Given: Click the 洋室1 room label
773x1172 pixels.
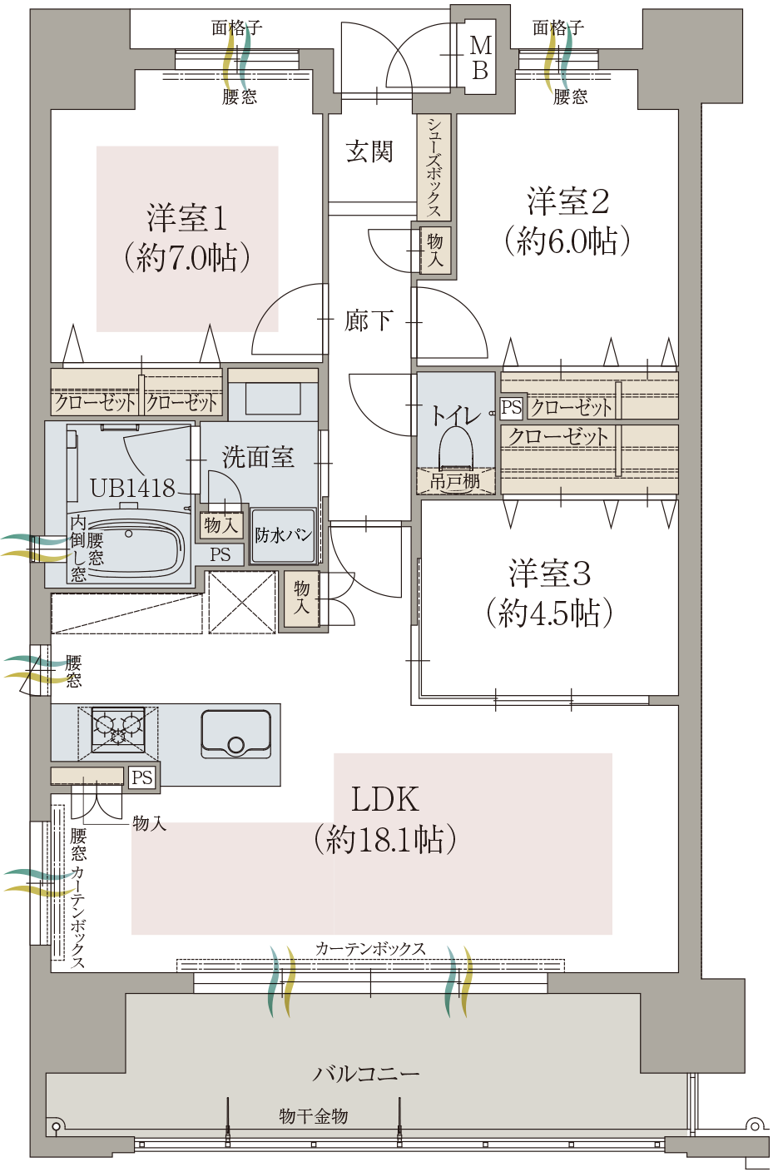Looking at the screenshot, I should coord(187,218).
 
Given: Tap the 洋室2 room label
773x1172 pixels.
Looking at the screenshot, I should coord(568,201).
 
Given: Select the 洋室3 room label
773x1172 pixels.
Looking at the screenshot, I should coord(550,574).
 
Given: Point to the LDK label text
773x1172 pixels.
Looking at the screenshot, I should coord(384,799).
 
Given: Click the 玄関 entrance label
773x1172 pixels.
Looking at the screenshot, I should coord(369,151).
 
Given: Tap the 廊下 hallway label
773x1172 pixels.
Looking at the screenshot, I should coord(369,320).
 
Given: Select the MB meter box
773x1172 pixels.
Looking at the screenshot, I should coord(480,58).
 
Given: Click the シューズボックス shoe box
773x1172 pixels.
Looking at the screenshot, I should coord(434,166).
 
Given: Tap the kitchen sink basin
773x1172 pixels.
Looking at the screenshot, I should coord(236,734).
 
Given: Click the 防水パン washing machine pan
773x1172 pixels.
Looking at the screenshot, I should coord(283,535).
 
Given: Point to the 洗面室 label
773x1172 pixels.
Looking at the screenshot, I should coord(258,456).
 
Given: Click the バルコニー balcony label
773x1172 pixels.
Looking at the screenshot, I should coord(366,1074).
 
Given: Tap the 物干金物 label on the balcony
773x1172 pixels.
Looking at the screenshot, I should coord(314,1116).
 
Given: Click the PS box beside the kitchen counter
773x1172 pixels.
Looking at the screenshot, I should coord(142,777).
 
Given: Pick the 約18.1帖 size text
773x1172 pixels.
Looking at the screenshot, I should coord(384,840).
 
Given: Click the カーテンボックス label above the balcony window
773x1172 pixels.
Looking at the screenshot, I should coord(370,949).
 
